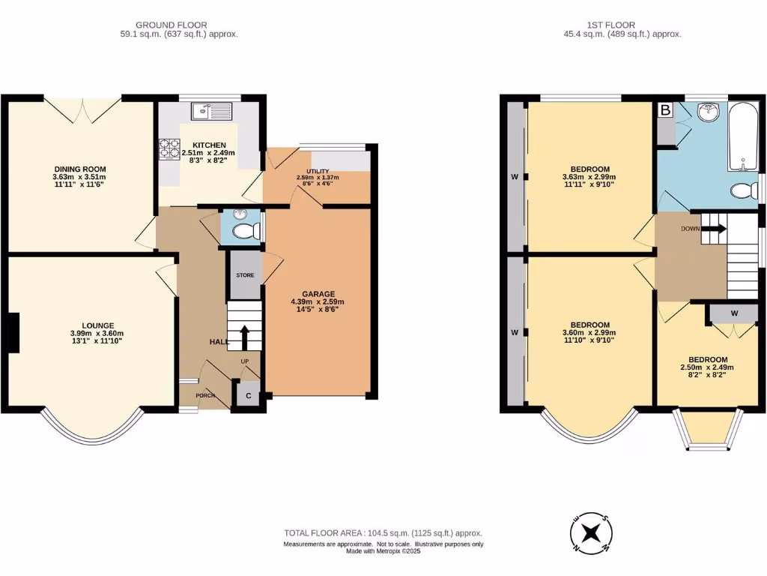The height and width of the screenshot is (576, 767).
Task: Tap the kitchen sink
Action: click(x=212, y=112)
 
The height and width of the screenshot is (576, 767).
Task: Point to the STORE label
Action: click(x=245, y=275)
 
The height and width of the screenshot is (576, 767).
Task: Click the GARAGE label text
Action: click(x=318, y=294)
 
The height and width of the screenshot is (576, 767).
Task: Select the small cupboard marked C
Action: click(x=246, y=394)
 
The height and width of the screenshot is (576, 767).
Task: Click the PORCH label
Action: click(x=205, y=395)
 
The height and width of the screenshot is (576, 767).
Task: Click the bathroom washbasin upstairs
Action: click(x=707, y=113)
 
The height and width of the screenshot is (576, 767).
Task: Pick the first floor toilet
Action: click(x=744, y=190)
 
